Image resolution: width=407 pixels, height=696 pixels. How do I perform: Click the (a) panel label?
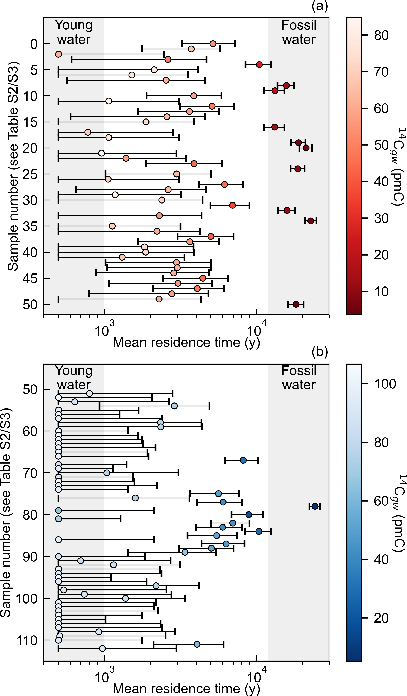click(320, 6)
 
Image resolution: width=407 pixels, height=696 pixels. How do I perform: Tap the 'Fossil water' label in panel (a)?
click(299, 32)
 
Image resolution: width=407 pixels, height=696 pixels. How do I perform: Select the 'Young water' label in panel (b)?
click(74, 378)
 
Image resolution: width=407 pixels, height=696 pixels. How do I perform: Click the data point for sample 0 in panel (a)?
click(213, 44)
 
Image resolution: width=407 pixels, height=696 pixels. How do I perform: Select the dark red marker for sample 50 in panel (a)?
click(296, 304)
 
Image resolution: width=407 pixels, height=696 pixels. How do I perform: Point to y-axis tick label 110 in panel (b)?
click(27, 640)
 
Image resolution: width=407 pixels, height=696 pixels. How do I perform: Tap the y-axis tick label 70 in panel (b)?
click(30, 473)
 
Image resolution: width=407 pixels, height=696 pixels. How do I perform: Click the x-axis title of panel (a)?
click(186, 342)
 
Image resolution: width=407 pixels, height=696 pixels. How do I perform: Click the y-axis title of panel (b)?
click(6, 512)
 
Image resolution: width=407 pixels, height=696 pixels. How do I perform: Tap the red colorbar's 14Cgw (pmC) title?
click(398, 167)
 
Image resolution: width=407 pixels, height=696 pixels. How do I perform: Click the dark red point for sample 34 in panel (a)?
click(311, 221)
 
